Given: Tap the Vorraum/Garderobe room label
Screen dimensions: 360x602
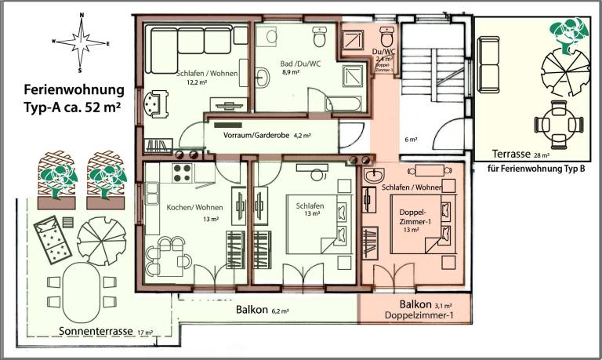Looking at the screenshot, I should pos(269,135).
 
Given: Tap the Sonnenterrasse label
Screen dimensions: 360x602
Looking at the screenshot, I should pos(96,332).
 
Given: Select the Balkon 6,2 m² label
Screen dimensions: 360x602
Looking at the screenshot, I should pos(263,310).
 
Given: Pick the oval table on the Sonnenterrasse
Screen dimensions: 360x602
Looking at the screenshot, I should pos(78,286).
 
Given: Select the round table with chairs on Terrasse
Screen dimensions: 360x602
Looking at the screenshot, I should pos(558,122).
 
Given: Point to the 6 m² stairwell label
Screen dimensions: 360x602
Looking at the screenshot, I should pos(410,140).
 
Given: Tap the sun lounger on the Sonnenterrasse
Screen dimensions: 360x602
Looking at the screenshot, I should pos(50,237).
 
